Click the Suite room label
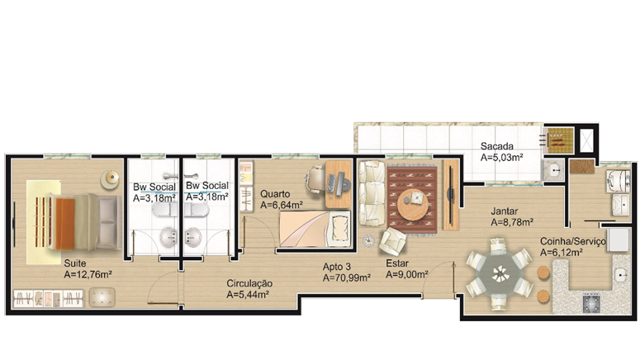75,263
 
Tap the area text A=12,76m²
88,275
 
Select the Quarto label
275,194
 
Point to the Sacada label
497,145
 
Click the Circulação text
249,283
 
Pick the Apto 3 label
337,267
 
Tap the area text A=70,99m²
347,278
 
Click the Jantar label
504,211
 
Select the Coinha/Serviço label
573,242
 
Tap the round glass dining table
500,273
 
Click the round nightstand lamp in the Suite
110,178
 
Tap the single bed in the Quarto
315,229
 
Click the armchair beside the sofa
392,241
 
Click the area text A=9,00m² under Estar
407,274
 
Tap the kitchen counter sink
621,275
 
